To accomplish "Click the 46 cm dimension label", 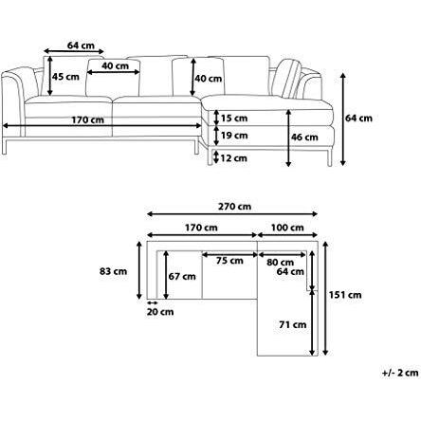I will [304, 137].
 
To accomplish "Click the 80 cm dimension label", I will [280, 262].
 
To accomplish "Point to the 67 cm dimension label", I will [183, 276].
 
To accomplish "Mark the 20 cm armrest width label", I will [159, 312].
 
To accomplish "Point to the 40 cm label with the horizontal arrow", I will [117, 65].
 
